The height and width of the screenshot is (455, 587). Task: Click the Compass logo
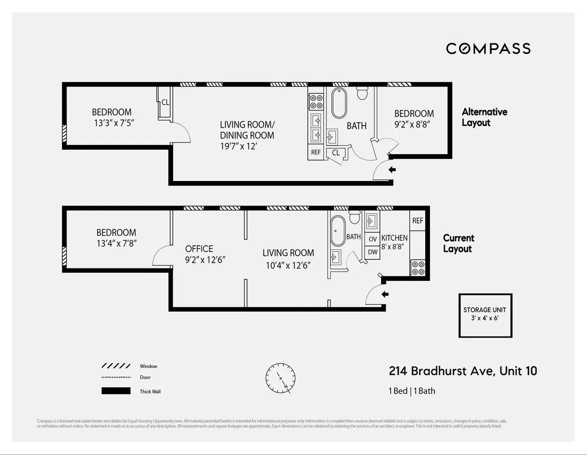coord(488,48)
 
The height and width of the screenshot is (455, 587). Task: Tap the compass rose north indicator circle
coord(280,378)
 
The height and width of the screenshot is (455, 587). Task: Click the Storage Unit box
coord(485,316)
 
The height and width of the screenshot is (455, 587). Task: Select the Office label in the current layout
coord(199,249)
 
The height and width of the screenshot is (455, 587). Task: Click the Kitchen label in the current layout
coord(394,238)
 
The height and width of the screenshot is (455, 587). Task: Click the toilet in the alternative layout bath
coord(362,92)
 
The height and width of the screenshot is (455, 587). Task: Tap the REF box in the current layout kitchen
coord(417,221)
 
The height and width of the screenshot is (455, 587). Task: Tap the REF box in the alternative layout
coord(316,152)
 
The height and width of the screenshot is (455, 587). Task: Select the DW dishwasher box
coord(373,252)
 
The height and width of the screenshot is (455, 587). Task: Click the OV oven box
coord(373,239)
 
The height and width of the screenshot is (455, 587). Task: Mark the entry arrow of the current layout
coord(385,295)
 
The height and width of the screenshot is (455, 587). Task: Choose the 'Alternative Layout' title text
coord(484,117)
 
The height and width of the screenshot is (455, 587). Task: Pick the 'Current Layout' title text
coord(458,243)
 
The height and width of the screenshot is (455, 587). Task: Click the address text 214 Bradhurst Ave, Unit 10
coord(463,371)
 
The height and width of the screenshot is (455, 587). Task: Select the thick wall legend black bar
coord(116,391)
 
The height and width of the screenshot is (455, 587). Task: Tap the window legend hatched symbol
coord(116,366)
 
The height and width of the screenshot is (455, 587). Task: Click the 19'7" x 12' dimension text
coord(238,146)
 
